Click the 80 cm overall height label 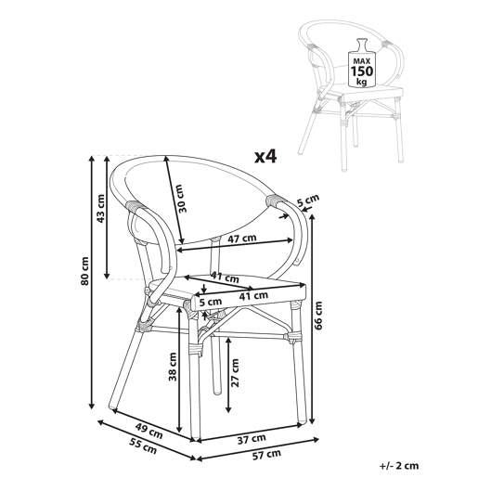[85, 271]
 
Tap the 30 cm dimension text [183, 199]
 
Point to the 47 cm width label [242, 239]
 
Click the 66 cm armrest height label [317, 316]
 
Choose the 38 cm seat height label [173, 367]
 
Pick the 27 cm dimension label [235, 372]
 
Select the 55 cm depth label [143, 447]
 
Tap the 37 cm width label [252, 439]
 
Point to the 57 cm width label [266, 455]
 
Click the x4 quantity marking [265, 157]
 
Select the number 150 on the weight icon [362, 71]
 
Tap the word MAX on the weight [362, 61]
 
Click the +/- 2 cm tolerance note [399, 466]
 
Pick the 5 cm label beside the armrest [308, 200]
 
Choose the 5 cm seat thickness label [211, 302]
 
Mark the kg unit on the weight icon [361, 82]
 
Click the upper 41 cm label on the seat [225, 277]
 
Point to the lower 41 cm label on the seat [253, 296]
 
